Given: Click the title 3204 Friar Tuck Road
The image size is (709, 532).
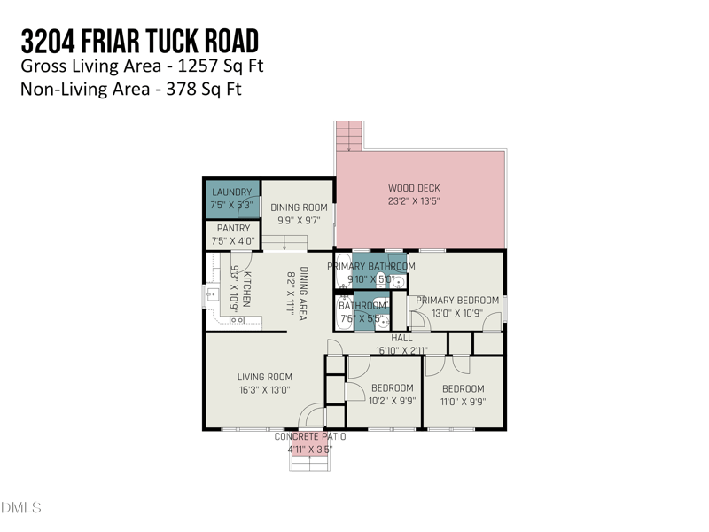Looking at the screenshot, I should (140, 41).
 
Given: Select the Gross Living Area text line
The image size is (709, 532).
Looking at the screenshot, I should (141, 66).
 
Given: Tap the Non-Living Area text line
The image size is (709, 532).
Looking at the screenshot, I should (131, 89).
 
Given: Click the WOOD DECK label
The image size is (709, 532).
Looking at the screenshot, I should (414, 188).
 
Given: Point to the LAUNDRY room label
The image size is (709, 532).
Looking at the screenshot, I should (231, 192).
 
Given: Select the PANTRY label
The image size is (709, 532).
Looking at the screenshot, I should (231, 229).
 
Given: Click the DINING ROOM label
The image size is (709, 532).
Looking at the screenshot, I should (299, 207).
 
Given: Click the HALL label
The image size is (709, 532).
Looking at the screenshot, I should (402, 338).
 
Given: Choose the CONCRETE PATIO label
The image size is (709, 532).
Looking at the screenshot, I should (309, 437).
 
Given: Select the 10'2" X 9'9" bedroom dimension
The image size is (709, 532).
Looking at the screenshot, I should (392, 401).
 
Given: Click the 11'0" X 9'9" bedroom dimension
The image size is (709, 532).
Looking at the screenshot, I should (463, 401).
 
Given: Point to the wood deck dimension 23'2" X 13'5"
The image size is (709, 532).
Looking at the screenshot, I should (414, 201).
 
